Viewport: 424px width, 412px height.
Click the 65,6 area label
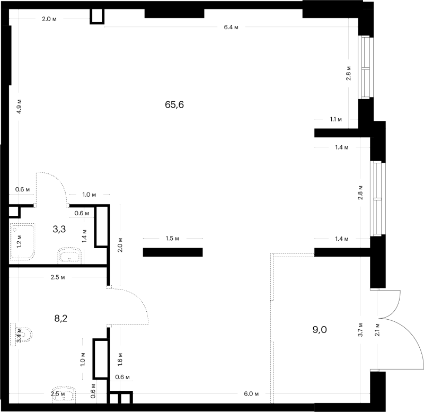click(174, 104)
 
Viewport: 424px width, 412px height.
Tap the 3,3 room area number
click(59, 230)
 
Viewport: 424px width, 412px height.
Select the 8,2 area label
click(61, 318)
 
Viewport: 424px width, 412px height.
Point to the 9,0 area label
click(320, 329)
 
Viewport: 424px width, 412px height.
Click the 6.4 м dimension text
click(231, 27)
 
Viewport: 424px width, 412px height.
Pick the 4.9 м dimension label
click(19, 106)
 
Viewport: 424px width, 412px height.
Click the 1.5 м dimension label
click(173, 238)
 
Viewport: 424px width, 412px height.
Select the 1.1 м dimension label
click(336, 119)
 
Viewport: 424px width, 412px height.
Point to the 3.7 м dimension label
click(360, 329)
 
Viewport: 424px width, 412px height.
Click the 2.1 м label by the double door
click(377, 329)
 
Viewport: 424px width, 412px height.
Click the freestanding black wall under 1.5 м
click(173, 252)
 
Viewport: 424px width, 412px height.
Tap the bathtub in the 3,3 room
click(22, 242)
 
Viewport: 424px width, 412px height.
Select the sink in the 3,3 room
click(69, 255)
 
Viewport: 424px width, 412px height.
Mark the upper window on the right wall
click(366, 68)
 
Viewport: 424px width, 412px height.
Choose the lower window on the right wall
click(378, 198)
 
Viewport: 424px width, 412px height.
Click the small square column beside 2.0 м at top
click(97, 16)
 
